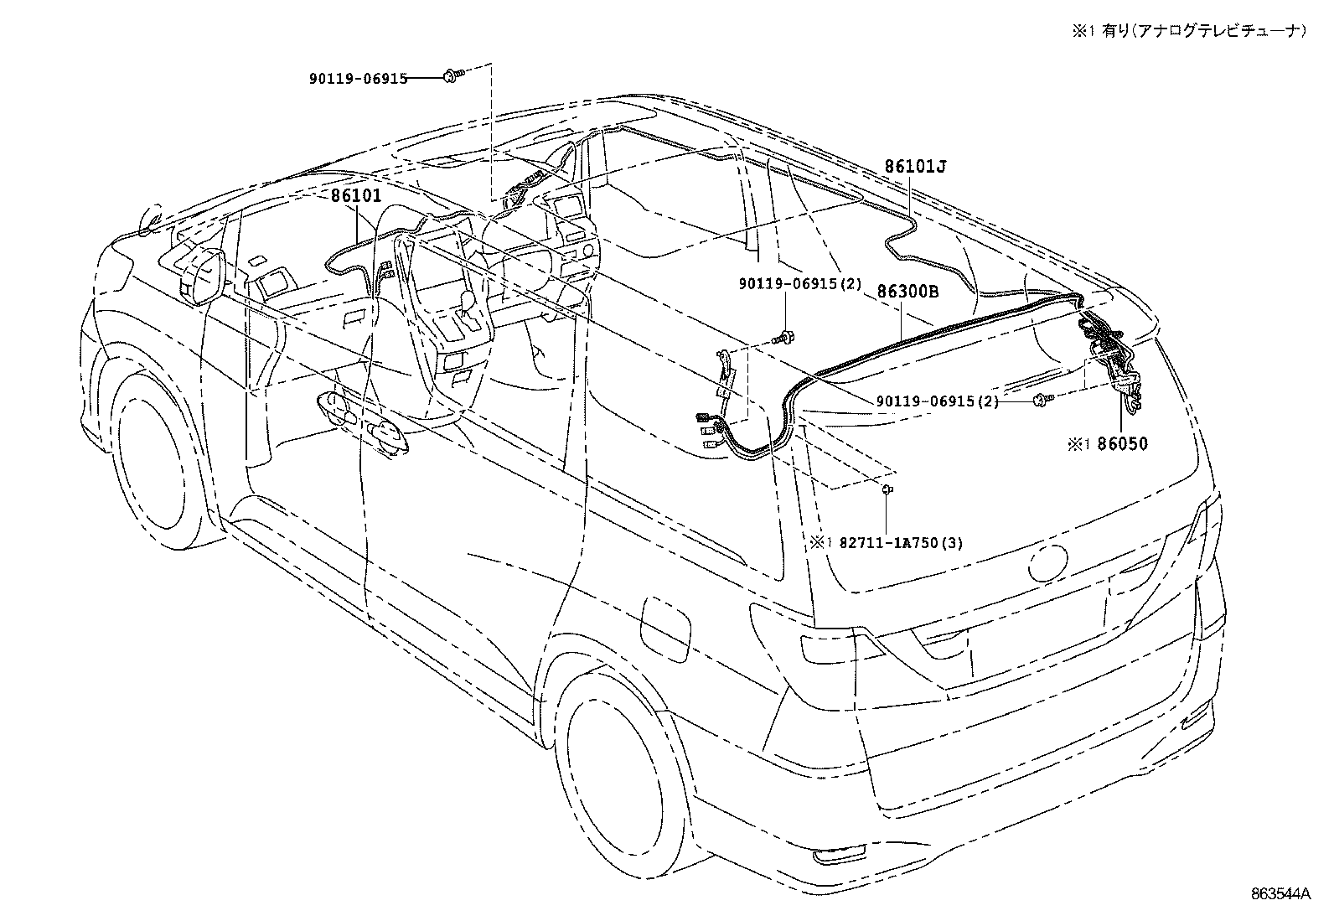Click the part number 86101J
coord(915,167)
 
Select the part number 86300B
coord(907,292)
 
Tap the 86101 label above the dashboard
coord(355,196)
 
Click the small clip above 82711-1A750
coord(887,488)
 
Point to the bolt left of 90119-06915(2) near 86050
coord(1040,400)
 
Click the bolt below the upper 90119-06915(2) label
coord(784,337)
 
